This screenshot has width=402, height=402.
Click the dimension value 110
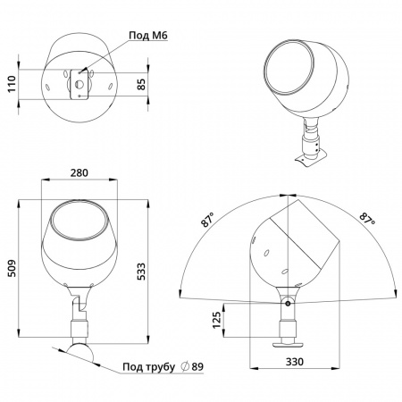(x=12, y=84)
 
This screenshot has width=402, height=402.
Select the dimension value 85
(x=142, y=84)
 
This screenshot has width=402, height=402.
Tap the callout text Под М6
(x=148, y=35)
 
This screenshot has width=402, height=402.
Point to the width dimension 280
(x=80, y=172)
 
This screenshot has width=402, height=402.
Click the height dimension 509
(x=12, y=268)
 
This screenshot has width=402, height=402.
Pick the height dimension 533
(x=142, y=272)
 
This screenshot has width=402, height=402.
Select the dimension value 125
(x=217, y=320)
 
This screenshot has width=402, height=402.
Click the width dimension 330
(x=295, y=362)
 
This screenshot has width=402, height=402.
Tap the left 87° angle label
(x=208, y=220)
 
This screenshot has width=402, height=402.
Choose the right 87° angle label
(x=367, y=219)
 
